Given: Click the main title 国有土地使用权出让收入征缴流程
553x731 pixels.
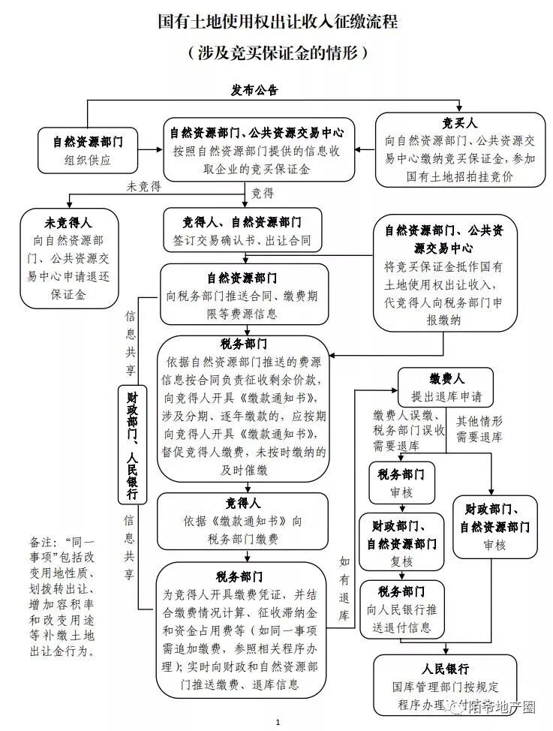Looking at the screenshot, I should coord(278,22).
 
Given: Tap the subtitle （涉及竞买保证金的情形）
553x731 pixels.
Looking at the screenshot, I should coord(278,53).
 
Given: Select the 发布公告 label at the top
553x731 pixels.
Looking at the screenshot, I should coord(254,90).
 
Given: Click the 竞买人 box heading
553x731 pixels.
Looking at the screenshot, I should coord(460,123).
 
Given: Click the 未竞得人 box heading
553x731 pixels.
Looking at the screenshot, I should coord(69,223).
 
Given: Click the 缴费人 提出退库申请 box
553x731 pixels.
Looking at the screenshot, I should coord(446,387).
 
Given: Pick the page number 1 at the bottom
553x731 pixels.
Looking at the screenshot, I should coord(277,722).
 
